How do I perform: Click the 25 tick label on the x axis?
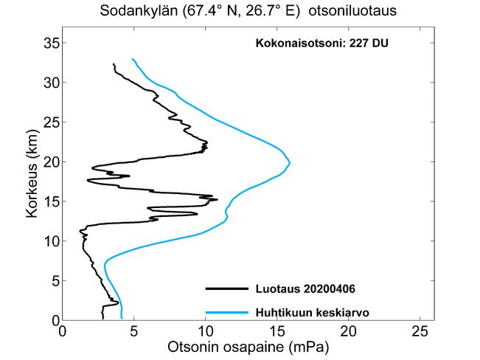tap(420, 331)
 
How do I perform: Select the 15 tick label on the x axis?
tap(276, 331)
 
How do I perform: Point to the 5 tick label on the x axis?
tap(134, 331)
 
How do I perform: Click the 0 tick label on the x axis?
tap(63, 331)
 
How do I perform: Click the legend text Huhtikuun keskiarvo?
tap(311, 312)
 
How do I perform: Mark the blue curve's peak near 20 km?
tap(290, 162)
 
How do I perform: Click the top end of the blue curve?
tap(133, 59)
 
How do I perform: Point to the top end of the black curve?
tap(114, 64)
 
